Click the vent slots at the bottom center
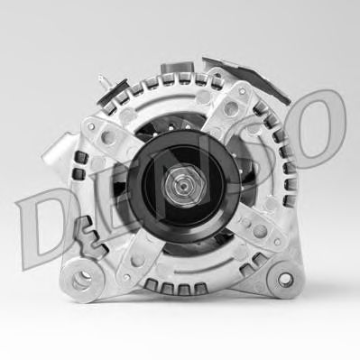tap(180, 288)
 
